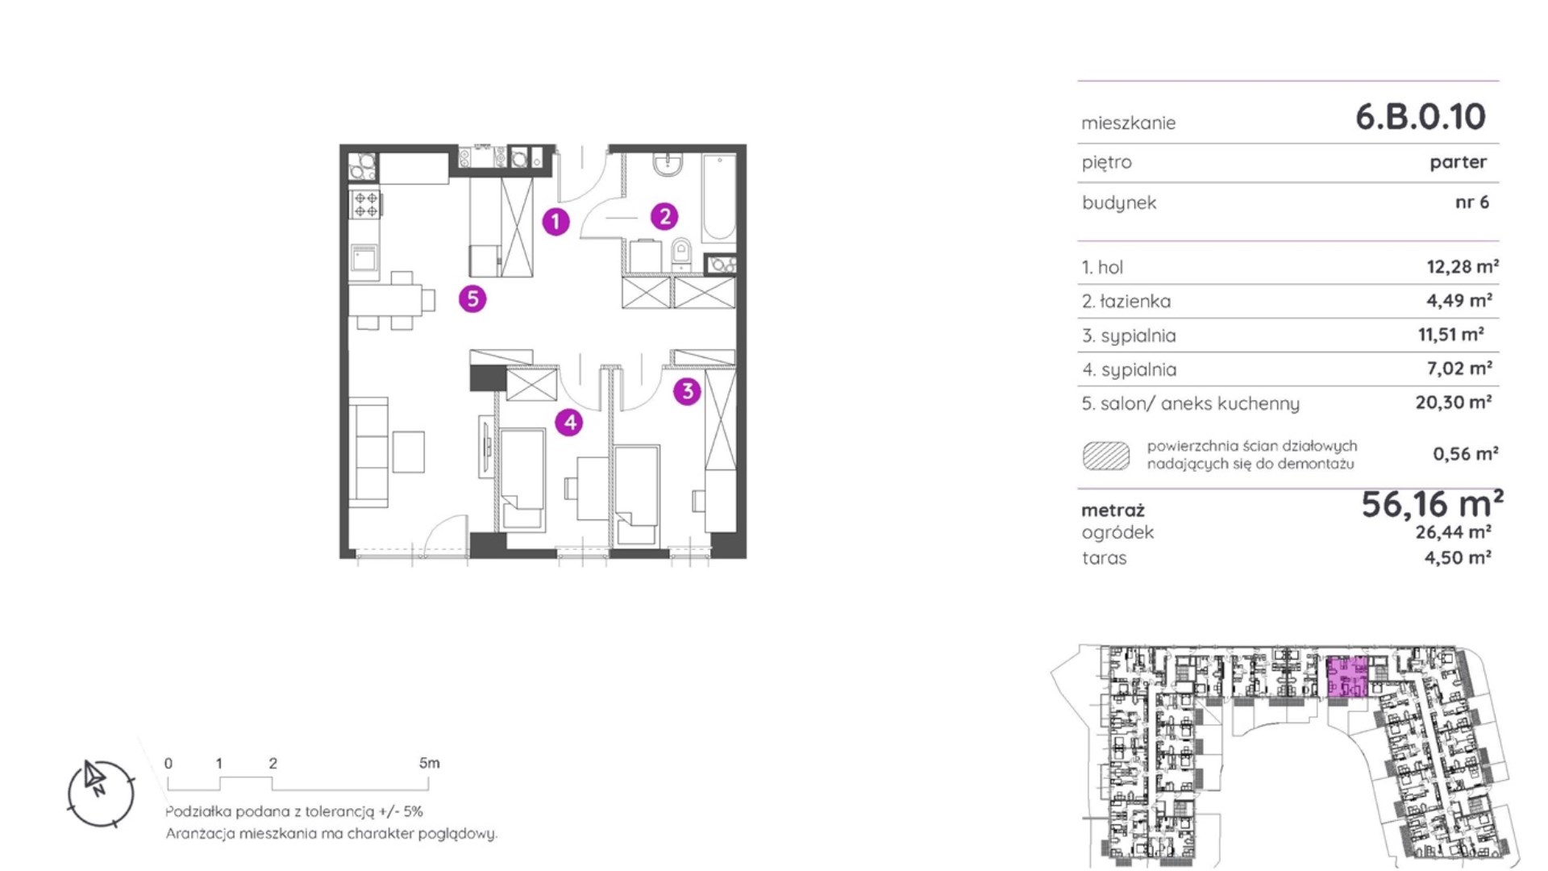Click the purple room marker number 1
point(556,221)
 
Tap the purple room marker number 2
point(664,215)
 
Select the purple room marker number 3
point(687,391)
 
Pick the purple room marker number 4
point(569,421)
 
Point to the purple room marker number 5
point(472,298)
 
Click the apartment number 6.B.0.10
point(1420,117)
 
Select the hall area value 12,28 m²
point(1463,266)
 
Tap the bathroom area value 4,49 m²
point(1459,301)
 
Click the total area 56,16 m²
point(1432,504)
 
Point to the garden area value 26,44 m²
point(1453,532)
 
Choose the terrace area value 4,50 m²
point(1458,558)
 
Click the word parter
point(1458,162)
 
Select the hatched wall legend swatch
point(1105,456)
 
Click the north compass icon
point(100,793)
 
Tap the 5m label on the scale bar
point(429,763)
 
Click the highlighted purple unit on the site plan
point(1347,677)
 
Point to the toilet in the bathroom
point(681,254)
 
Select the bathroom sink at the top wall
point(668,165)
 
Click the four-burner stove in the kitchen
point(365,203)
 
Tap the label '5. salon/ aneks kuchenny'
point(1190,404)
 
